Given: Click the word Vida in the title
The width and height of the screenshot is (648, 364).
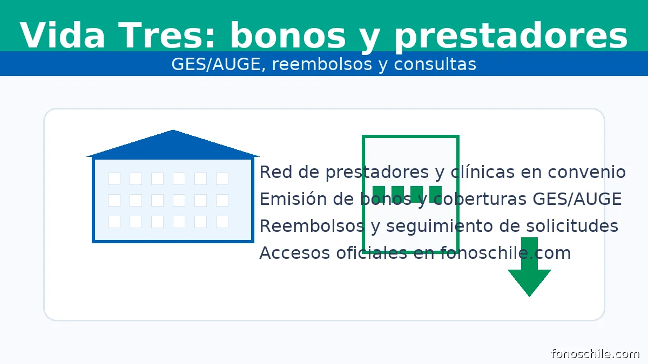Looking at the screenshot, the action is coord(62,35).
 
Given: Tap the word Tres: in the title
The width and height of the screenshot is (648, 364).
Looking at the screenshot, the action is coord(167,35).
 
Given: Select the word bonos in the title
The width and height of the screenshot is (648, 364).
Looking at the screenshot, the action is coord(288,35).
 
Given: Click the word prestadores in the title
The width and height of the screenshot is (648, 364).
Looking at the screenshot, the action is coord(511,37).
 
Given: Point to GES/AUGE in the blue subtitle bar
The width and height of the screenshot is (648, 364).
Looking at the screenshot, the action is coord(216,64).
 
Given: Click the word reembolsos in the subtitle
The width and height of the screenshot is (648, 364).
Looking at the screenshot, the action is coord(322,64).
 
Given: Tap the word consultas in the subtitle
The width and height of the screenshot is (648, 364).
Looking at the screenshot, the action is coord(435,64).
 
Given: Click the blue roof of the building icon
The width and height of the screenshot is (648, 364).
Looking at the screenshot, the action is coord(173,145).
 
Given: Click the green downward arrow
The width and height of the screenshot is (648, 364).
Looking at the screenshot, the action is coord(529,267).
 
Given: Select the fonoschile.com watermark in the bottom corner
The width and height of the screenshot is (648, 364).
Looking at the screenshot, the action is coord(595,354).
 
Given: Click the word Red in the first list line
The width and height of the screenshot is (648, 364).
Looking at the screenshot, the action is coord(276,172).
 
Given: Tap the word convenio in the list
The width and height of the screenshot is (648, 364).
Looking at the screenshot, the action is coord(586,172).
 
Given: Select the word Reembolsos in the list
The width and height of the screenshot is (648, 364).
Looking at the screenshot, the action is coord(312,226).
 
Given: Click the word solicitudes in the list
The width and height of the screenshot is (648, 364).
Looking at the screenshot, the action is coord(572,226).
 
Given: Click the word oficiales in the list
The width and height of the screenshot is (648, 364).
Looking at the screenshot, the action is coord(372,253).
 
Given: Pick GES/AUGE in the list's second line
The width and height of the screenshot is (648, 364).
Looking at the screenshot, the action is coord(577,199).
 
